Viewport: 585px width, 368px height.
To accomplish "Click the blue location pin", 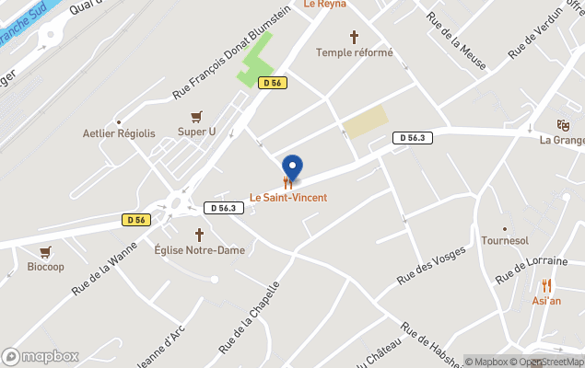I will point(292,167).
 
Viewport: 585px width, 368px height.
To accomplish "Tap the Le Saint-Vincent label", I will point(288,198).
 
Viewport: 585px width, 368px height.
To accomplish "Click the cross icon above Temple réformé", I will point(354,37).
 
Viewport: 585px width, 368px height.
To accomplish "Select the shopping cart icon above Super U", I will point(196,117).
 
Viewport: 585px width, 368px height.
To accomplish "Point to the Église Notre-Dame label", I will point(199,250).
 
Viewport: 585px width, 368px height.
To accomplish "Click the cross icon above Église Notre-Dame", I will point(199,235).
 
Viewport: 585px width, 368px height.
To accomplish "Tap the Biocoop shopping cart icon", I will point(45,251).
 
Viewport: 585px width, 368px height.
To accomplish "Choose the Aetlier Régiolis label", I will point(119,133).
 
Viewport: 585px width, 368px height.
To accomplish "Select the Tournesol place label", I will point(505,240).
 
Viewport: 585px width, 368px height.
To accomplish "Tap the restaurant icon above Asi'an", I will point(546,285).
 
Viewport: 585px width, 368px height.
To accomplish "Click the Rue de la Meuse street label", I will point(457,37).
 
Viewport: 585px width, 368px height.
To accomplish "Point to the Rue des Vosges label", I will point(430,266).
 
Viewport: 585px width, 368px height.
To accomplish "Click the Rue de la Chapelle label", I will point(249,316).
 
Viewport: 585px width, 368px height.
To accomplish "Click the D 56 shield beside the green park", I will point(273,83).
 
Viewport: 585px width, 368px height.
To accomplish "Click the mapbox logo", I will point(41,356).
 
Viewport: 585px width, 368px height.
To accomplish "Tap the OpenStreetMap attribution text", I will point(549,362).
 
